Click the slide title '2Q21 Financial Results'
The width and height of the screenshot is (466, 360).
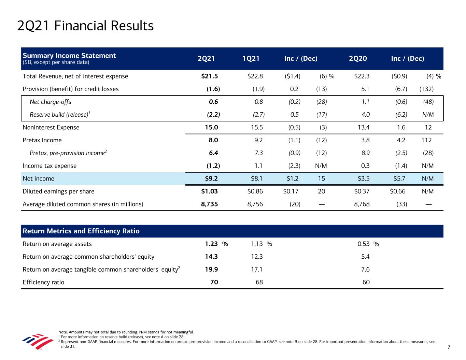85,26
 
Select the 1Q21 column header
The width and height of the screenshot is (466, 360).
251,59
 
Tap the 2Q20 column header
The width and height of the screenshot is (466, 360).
358,59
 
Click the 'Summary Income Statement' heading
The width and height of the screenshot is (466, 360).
69,56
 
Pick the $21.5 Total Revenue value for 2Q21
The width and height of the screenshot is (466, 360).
210,76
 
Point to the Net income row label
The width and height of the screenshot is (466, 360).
38,178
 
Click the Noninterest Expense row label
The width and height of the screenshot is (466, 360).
51,128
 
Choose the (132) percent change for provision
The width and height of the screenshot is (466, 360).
426,89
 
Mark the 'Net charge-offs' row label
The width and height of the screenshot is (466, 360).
51,102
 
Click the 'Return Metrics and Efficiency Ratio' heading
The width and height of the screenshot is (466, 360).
81,231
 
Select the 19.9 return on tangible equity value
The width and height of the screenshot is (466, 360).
211,270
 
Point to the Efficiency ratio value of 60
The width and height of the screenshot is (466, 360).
366,282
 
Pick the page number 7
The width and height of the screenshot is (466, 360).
449,347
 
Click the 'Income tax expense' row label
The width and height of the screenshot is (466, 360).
50,166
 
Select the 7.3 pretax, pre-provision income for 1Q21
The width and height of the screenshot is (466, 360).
259,153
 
